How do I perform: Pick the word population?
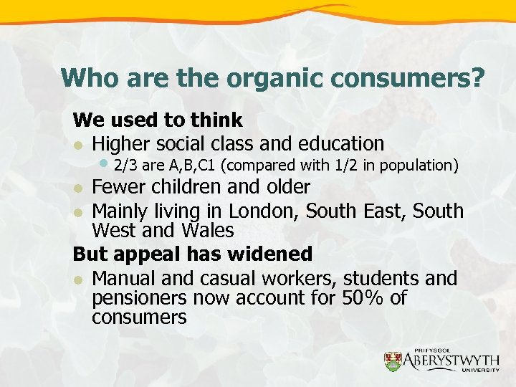click(x=420, y=166)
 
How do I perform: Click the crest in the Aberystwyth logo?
click(x=393, y=360)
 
